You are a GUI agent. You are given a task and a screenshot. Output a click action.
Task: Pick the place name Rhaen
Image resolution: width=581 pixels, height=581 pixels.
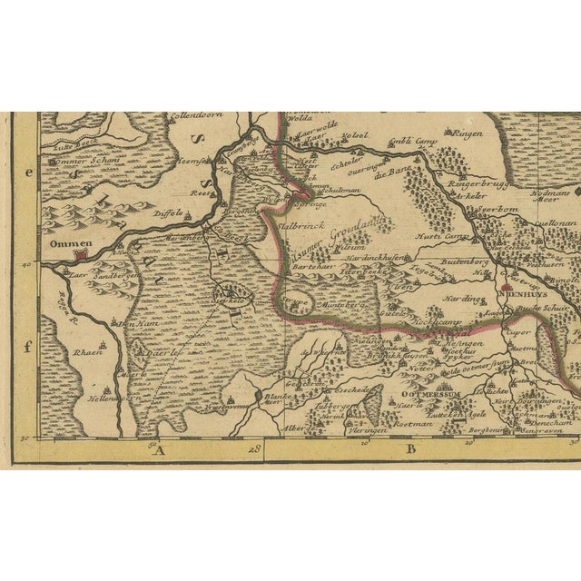87,354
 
